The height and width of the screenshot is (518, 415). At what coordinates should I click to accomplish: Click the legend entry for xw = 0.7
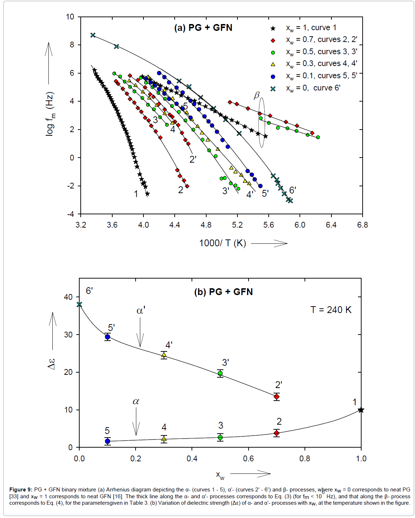tap(321, 40)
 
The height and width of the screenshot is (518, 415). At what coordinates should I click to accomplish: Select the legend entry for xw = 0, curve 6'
tap(313, 88)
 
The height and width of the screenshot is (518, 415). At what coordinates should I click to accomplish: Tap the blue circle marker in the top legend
tap(273, 76)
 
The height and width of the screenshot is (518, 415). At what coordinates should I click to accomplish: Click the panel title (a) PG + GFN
tap(203, 28)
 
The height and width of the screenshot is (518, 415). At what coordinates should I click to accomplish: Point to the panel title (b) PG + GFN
tap(223, 291)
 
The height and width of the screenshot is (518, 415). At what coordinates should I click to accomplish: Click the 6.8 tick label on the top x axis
tap(362, 225)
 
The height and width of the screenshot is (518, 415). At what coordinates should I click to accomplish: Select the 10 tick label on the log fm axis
tap(70, 17)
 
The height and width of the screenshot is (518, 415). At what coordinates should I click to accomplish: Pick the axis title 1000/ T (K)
tap(222, 243)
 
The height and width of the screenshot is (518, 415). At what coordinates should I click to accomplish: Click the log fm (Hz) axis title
tap(50, 114)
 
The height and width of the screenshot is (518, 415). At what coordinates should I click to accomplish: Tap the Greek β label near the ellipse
tap(256, 95)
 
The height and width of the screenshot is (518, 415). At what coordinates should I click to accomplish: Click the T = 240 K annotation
tap(331, 310)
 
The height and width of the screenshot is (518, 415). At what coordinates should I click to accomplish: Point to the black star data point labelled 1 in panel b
tap(361, 410)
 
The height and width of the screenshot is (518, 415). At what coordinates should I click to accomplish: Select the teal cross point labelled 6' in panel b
tap(79, 304)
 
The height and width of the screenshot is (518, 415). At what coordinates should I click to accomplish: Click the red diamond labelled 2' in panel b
tap(277, 397)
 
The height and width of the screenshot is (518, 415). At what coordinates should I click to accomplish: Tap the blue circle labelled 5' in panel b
tap(108, 337)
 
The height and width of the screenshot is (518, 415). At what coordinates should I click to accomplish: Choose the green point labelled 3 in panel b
tap(220, 437)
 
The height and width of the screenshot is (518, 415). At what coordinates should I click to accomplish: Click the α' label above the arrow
tap(141, 311)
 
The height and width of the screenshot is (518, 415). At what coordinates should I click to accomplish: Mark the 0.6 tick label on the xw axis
tap(248, 458)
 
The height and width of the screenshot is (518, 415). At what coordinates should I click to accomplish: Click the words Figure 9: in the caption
tap(21, 490)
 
